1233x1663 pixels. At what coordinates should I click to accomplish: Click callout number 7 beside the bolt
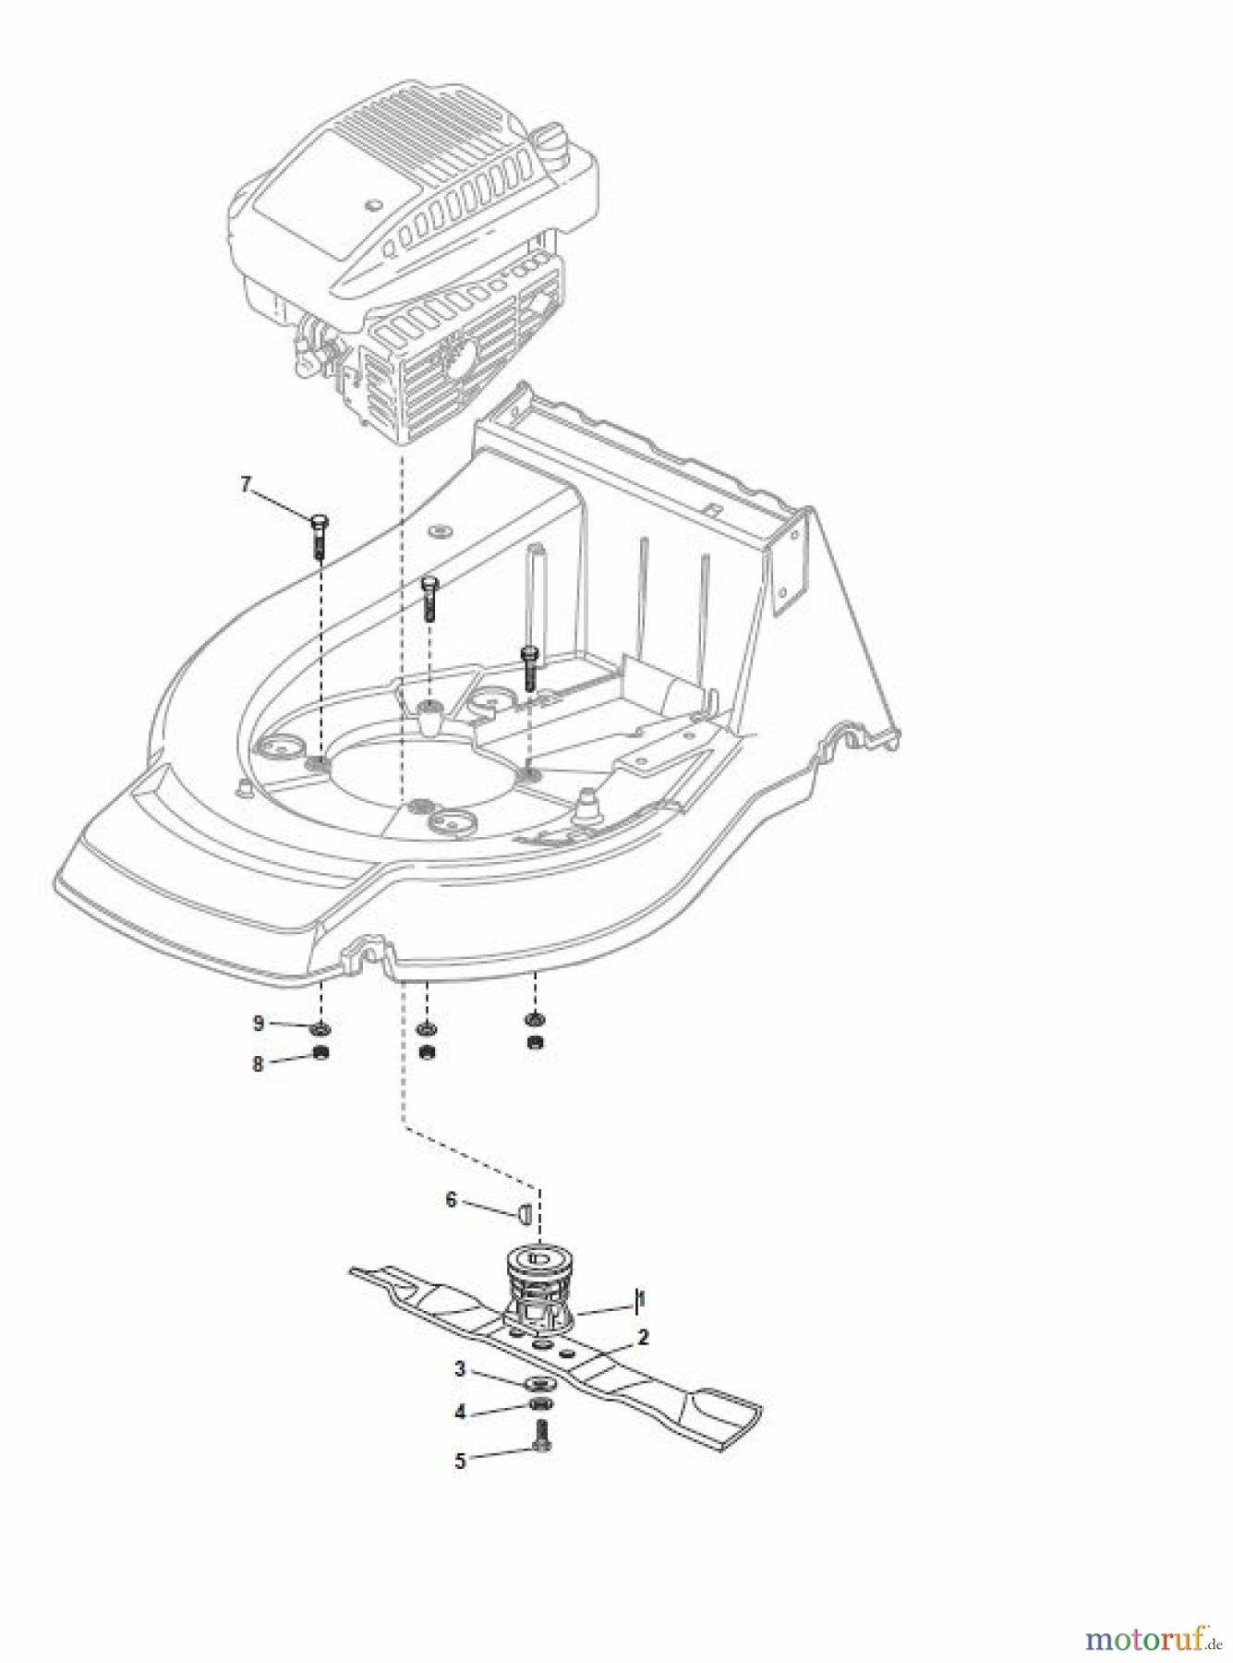[x=246, y=483]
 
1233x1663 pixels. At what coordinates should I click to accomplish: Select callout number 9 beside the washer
[x=259, y=1023]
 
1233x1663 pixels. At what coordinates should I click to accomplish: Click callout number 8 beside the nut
[x=259, y=1063]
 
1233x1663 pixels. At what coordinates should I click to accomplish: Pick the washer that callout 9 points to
[x=320, y=1029]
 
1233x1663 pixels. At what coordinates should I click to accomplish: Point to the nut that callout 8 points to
[x=320, y=1053]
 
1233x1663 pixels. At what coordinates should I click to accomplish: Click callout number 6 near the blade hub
[x=451, y=1199]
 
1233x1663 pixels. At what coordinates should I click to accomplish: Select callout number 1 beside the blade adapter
[x=640, y=1300]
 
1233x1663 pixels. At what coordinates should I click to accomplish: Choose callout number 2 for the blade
[x=643, y=1337]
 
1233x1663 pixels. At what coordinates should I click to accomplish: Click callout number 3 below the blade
[x=460, y=1369]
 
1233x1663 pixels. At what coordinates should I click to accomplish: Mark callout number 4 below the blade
[x=460, y=1413]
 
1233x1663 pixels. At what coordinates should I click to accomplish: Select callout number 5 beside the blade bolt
[x=460, y=1461]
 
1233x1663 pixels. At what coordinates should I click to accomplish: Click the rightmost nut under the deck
[x=534, y=1043]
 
